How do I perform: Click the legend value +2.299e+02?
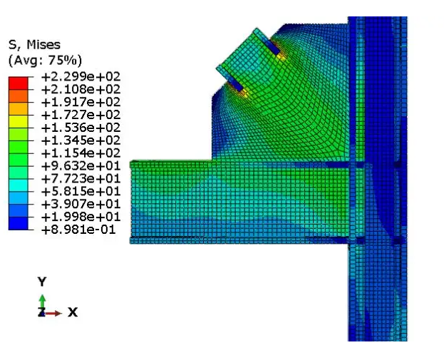[81, 77]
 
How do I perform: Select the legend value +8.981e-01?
[78, 230]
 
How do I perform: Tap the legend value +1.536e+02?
[81, 128]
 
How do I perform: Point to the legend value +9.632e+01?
[81, 166]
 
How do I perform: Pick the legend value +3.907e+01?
[81, 204]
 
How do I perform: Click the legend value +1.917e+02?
[81, 102]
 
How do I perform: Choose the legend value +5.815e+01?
[81, 192]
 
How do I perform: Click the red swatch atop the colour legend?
[19, 83]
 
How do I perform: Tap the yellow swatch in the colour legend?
[19, 121]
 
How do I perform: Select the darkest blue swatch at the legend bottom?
[19, 223]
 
